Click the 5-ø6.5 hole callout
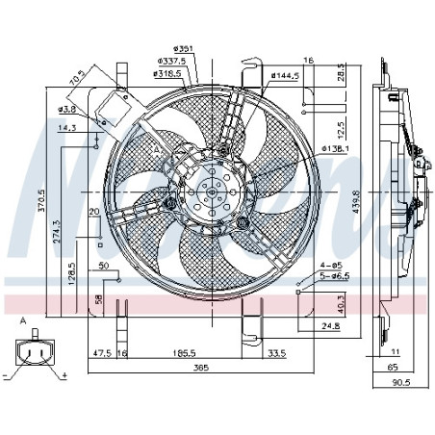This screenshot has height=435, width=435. point(333,275)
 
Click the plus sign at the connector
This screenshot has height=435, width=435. point(64,373)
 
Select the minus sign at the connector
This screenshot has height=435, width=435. point(7,373)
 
